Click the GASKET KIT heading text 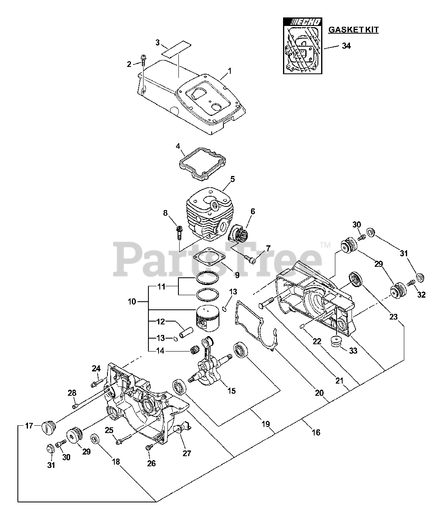pyautogui.click(x=353, y=30)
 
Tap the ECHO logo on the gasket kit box pyautogui.click(x=303, y=22)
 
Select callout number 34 pyautogui.click(x=346, y=46)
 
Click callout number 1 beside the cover pyautogui.click(x=230, y=71)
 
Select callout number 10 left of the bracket pyautogui.click(x=132, y=302)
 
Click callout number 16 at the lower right pyautogui.click(x=316, y=433)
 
